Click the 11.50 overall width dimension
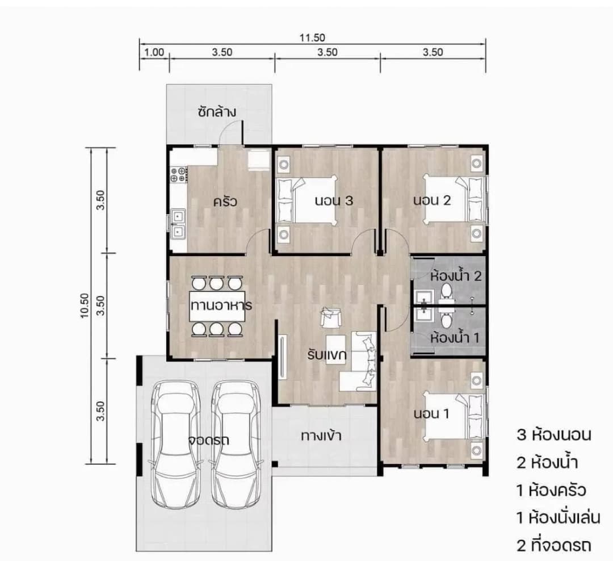pos(312,37)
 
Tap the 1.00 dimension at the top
pos(154,52)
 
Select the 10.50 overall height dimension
pos(85,305)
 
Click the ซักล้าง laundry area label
pos(217,112)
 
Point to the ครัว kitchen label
pos(225,202)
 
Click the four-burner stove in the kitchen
pos(178,175)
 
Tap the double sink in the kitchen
pos(178,224)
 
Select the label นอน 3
pos(334,200)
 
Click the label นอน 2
pos(432,200)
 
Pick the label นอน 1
pos(431,413)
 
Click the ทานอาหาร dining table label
pos(221,305)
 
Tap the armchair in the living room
pos(331,317)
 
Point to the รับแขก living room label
pos(327,355)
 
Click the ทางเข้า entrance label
pos(321,436)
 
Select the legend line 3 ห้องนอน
pos(554,434)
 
